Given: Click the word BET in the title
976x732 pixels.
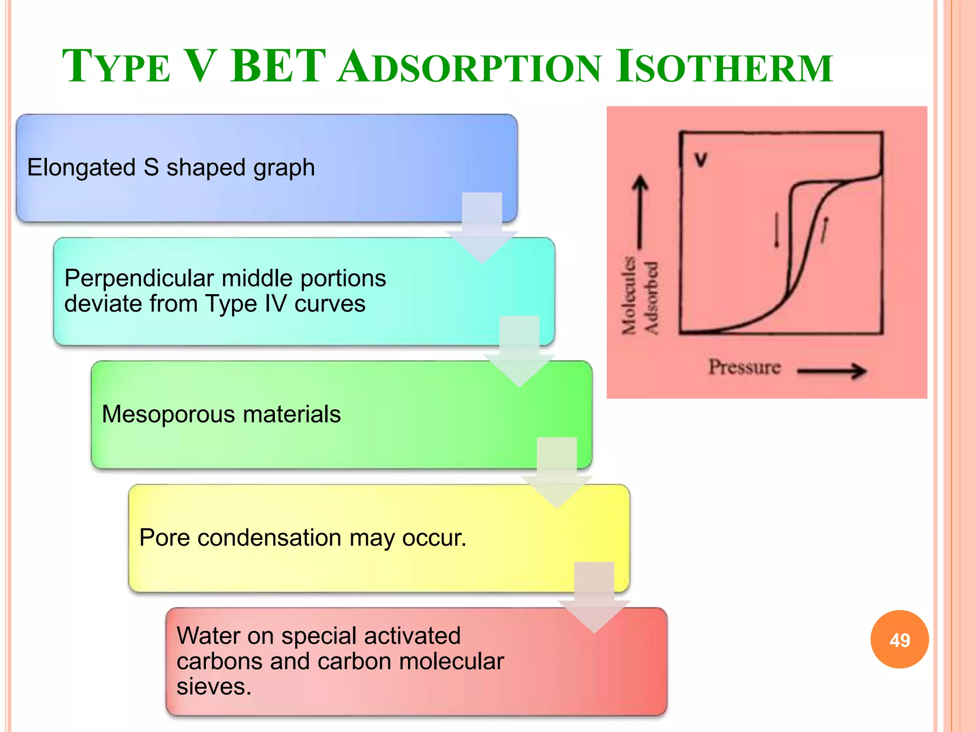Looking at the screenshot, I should tap(278, 67).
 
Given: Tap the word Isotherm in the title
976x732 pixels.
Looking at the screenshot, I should tap(723, 67).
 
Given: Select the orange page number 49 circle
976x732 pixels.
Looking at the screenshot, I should tap(899, 640).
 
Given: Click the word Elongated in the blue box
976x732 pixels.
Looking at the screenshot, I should tap(81, 168).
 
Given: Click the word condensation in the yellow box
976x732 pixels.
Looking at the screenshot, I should tap(269, 538).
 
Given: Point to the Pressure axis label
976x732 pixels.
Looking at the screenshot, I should tap(744, 367).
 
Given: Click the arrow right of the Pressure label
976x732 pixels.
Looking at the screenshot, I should tap(832, 371).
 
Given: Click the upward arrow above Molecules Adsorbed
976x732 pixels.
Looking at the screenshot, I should tap(640, 210).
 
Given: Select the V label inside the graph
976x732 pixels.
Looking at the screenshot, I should tap(701, 160).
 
